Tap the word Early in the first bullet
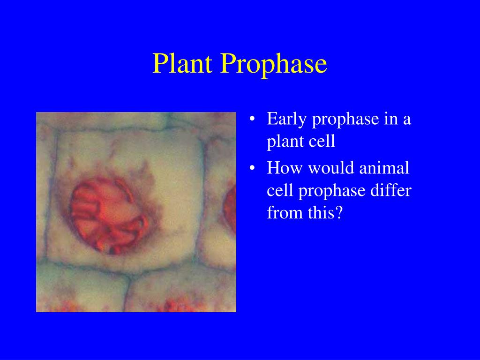[x=287, y=119]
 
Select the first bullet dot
[x=253, y=120]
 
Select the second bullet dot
[x=253, y=168]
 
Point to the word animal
[x=384, y=167]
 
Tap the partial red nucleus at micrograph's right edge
[x=231, y=206]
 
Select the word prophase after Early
[x=345, y=119]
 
